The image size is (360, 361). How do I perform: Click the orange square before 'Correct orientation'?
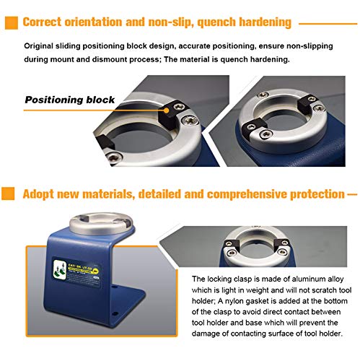[x=11, y=23]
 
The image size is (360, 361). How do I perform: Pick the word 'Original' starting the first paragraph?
[x=40, y=46]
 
